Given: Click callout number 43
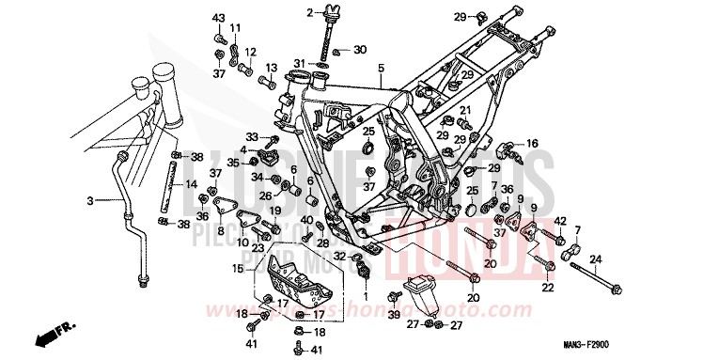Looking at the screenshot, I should [218, 19].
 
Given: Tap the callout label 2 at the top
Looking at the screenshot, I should [308, 12].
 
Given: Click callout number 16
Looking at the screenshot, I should [532, 143].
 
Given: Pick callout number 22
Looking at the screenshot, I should [549, 288].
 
